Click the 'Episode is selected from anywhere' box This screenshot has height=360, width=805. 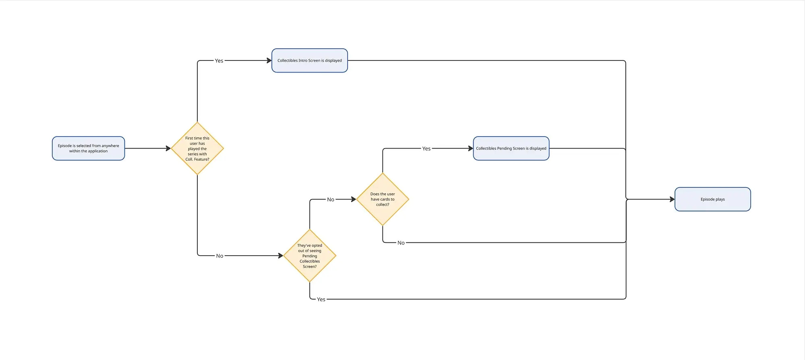point(89,148)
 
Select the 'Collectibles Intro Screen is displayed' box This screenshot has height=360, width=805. point(310,60)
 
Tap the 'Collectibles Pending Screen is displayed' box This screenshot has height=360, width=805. point(511,148)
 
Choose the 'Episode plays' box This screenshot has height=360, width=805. point(713,199)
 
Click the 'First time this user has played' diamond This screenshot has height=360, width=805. point(197,149)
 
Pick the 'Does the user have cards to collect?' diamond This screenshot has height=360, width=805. point(383,199)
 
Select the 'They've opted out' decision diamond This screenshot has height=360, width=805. point(310,256)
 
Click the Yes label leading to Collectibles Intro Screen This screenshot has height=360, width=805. point(219,61)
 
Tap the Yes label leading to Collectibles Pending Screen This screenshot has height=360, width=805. point(426,149)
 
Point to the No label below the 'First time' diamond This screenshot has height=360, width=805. point(219,256)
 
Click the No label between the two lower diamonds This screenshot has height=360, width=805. point(331,199)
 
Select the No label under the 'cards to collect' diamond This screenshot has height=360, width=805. point(401,243)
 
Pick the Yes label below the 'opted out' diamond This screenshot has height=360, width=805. point(321,299)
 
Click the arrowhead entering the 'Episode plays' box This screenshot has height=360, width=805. point(672,199)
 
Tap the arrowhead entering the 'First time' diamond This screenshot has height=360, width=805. point(168,149)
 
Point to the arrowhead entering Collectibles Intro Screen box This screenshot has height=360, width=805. point(269,60)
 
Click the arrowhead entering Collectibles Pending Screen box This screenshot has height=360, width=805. point(470,149)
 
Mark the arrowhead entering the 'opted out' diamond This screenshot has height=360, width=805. point(281,256)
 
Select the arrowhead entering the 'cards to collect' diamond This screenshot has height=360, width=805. point(354,199)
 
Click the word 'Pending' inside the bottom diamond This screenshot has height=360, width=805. point(310,256)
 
